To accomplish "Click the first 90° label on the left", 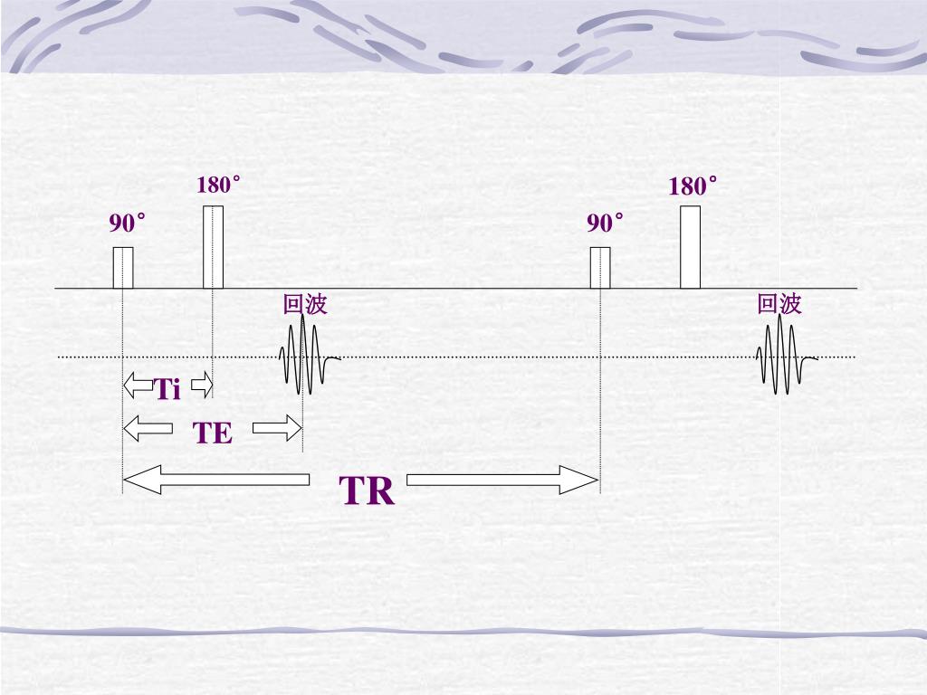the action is (128, 223).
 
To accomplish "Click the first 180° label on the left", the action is (218, 186).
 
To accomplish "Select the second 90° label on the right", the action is (605, 224).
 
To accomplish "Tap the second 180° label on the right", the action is (693, 187).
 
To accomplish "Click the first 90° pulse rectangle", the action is (123, 267).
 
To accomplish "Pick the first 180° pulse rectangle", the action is (213, 247).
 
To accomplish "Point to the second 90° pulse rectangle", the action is (600, 267).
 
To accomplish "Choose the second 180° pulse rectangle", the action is (690, 247).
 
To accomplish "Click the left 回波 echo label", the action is (305, 305).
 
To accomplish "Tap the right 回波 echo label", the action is (779, 304).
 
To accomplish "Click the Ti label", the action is (167, 390).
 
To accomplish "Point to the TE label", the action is (213, 433).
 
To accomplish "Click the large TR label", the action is (368, 491).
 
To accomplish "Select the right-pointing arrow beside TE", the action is (276, 427).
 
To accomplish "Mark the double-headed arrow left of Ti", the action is (139, 386).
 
